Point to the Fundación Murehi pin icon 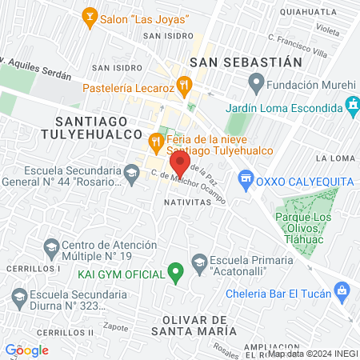256,82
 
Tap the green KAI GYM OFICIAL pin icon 176,274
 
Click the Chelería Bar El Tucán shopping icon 342,290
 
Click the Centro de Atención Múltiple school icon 51,245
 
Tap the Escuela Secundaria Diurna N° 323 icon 20,297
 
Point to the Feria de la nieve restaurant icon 156,143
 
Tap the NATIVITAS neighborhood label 186,202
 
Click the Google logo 26,350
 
